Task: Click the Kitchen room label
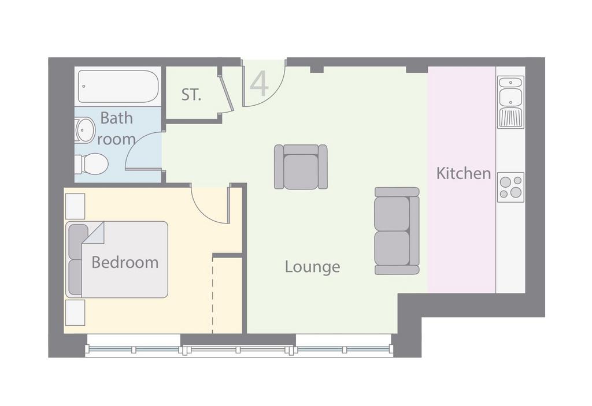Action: point(463,173)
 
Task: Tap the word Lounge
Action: point(312,267)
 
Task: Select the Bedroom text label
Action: point(125,262)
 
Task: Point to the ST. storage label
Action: point(191,95)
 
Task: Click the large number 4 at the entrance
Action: point(260,84)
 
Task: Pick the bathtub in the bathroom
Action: point(118,87)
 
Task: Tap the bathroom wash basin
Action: point(84,130)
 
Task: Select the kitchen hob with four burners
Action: point(511,187)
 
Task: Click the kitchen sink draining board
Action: point(510,118)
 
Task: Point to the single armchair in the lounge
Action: point(301,167)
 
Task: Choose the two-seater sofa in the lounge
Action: point(397,230)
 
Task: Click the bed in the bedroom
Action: point(117,260)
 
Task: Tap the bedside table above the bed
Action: point(75,206)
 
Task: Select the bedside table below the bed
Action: point(75,313)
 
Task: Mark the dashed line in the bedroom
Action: point(213,296)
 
